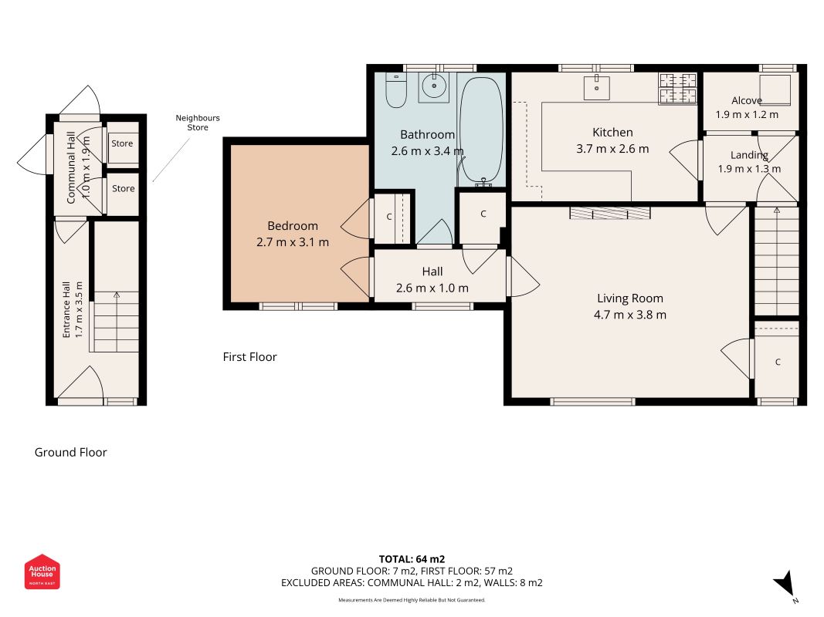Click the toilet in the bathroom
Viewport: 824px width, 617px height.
point(395,89)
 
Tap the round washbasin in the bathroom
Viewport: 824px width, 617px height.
point(434,87)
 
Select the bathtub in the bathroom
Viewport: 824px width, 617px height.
point(481,132)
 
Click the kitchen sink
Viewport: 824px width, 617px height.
point(596,88)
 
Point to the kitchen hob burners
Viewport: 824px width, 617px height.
point(678,88)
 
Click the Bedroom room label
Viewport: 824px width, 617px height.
point(293,226)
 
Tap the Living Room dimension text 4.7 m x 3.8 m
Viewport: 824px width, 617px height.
point(630,315)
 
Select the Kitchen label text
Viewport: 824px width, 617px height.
point(612,132)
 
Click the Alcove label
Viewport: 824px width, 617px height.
point(747,100)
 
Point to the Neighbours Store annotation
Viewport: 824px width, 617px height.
point(198,123)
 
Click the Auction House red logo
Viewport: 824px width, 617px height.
point(42,571)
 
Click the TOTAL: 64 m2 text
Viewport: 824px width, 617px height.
point(412,559)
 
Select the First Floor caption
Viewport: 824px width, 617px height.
point(249,357)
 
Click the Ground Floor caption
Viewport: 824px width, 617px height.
point(70,452)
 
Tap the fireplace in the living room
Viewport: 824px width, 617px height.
point(610,213)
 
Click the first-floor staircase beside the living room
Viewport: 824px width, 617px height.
point(777,261)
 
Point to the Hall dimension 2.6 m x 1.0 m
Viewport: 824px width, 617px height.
point(432,288)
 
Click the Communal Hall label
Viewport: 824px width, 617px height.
point(71,167)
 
